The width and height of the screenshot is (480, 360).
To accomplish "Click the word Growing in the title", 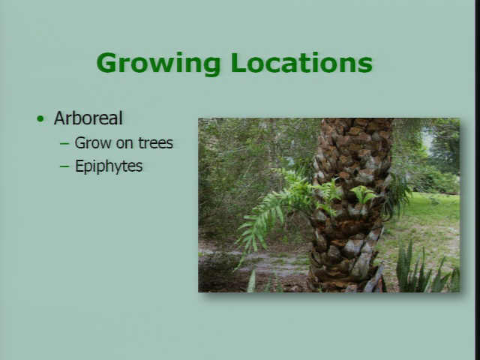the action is [158, 64].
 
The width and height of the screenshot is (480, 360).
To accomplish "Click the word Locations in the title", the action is [301, 62].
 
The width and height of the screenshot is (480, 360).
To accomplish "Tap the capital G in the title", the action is [107, 62].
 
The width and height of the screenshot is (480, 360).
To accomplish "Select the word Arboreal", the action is [88, 118].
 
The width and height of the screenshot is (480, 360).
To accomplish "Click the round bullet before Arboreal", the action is [40, 118].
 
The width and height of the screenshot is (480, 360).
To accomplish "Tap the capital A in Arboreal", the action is [60, 118].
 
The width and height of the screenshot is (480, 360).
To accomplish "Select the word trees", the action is [155, 143].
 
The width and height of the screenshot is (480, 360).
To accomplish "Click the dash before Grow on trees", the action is [64, 143].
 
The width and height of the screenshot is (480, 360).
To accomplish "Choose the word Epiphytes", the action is [109, 166].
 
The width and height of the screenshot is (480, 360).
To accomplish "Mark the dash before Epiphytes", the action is [64, 166].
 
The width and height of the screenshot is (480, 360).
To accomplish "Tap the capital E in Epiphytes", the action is [79, 166].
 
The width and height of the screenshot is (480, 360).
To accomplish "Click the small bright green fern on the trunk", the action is [364, 194].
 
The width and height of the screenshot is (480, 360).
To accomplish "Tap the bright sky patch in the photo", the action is [428, 139].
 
